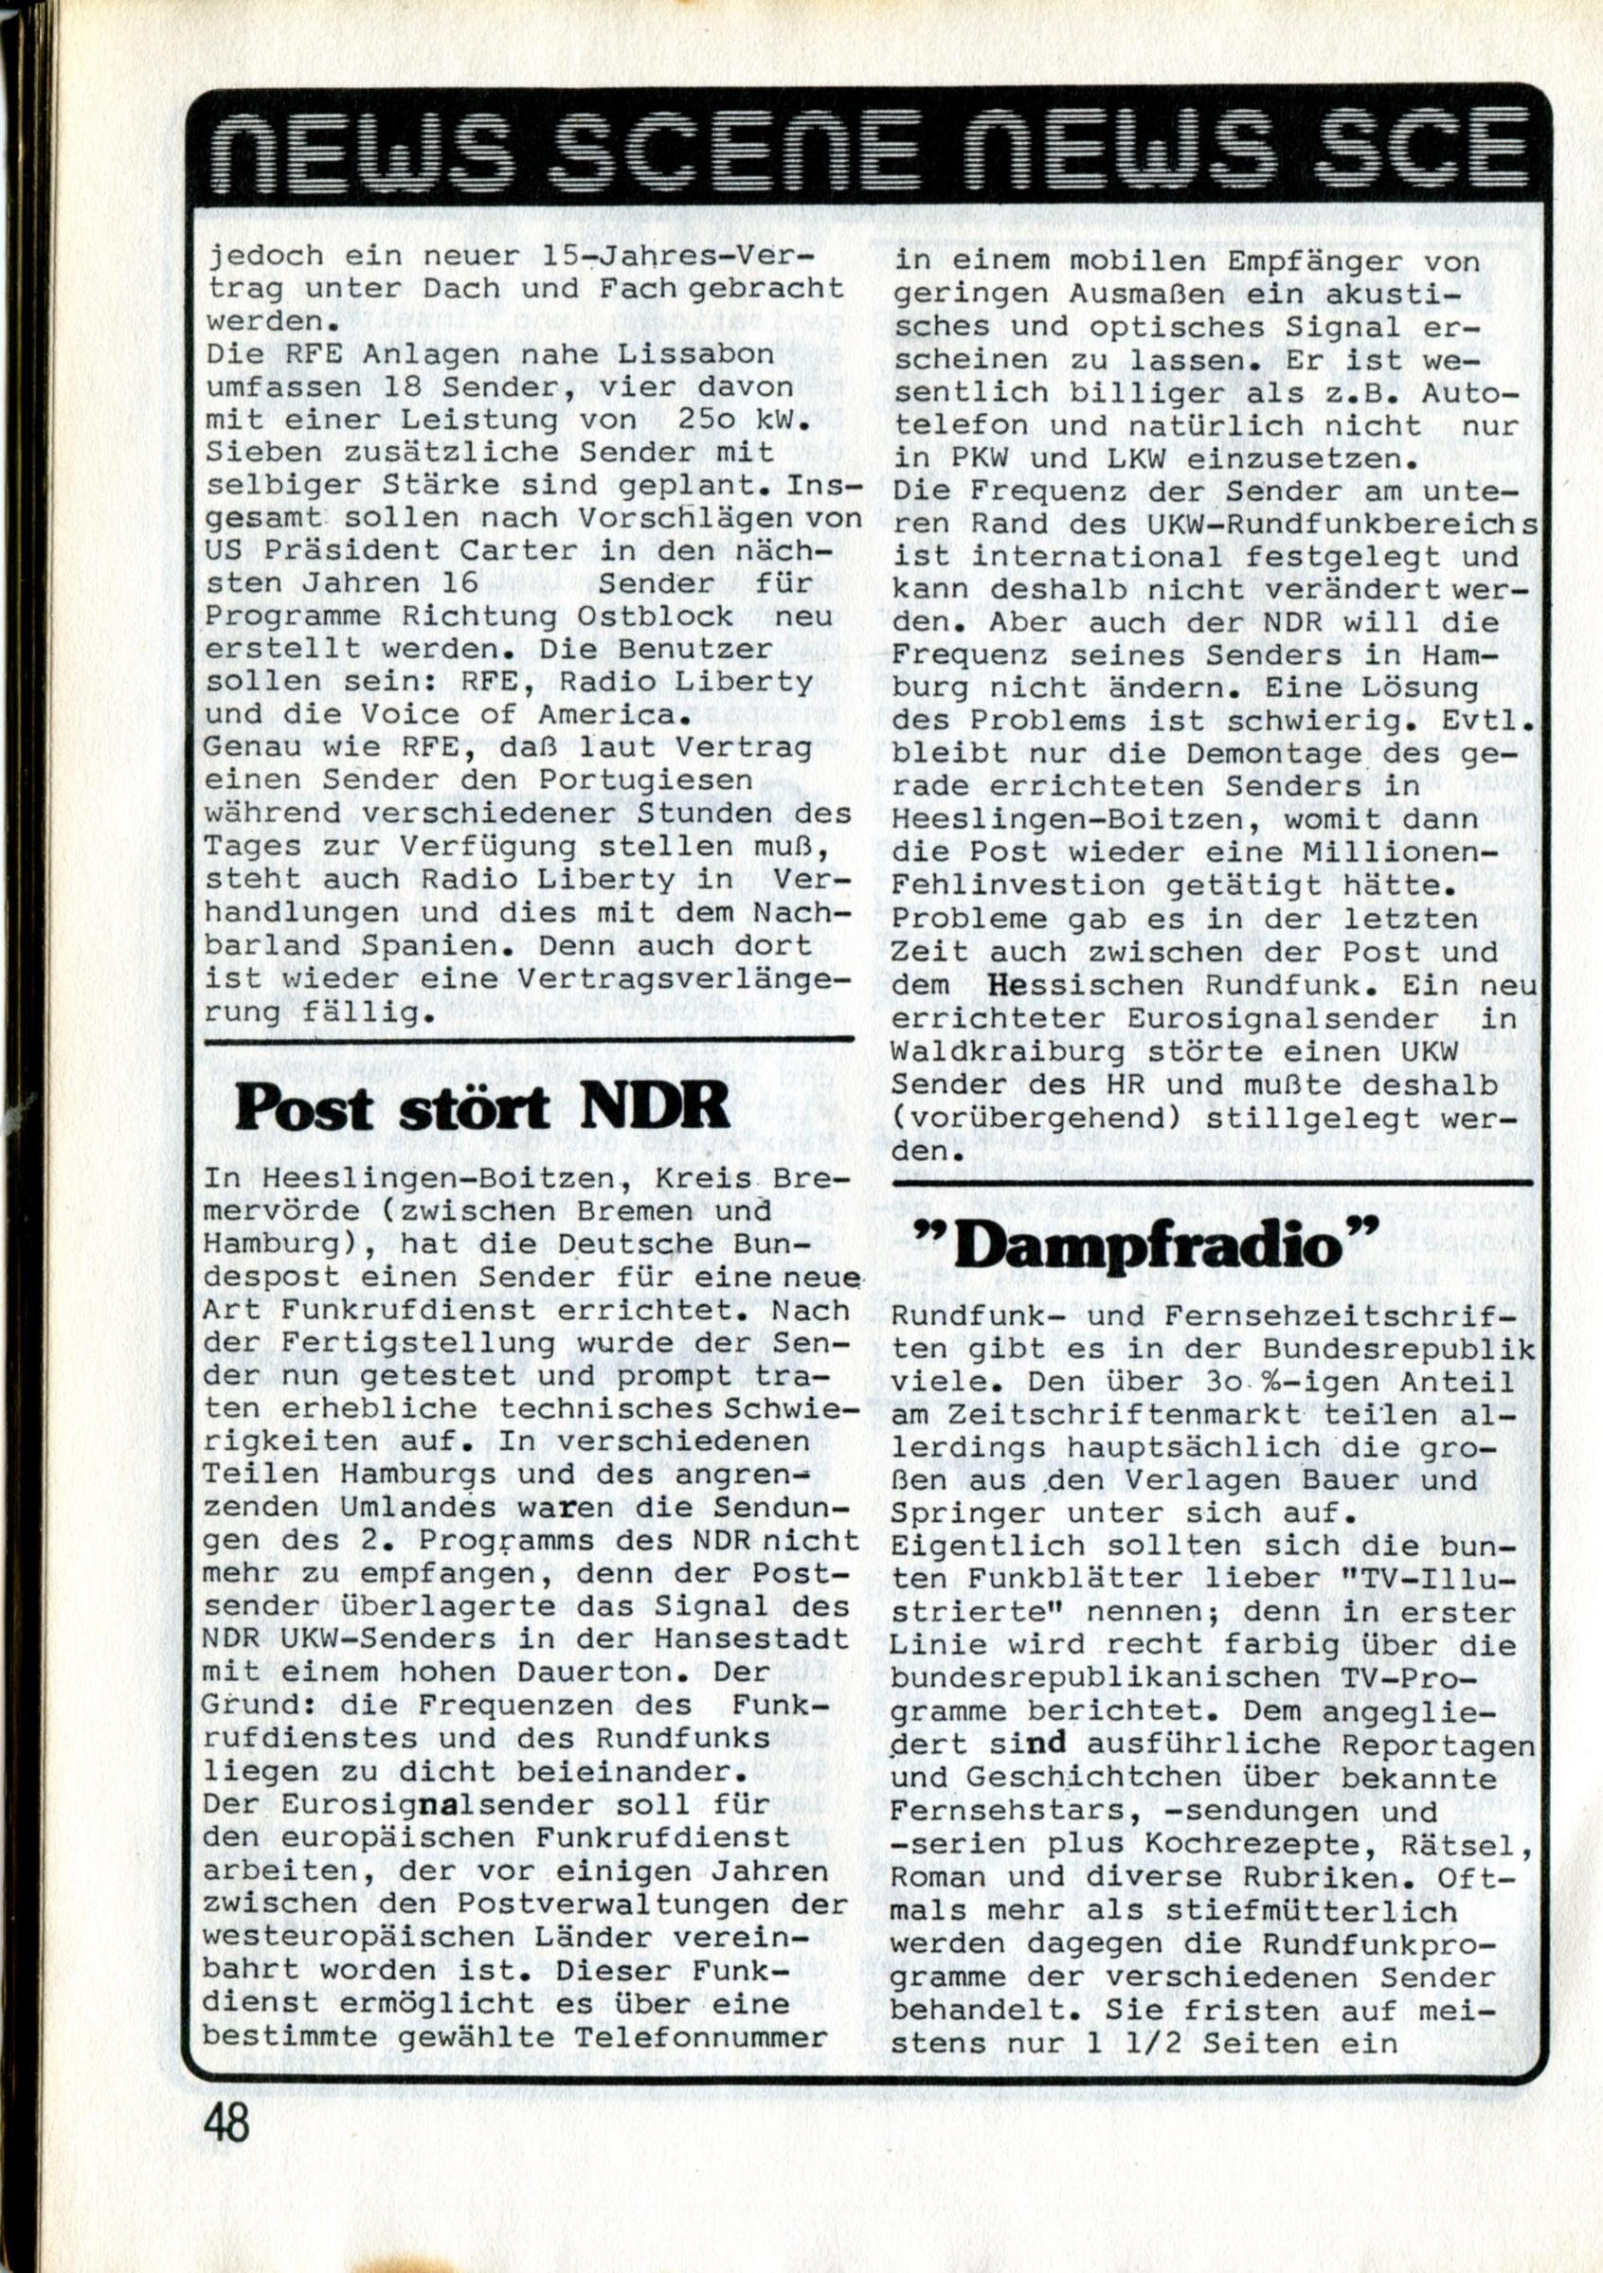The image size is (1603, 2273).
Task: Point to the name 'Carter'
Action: (557, 550)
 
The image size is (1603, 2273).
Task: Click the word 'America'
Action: (608, 714)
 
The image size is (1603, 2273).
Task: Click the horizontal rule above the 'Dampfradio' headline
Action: (1212, 1183)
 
